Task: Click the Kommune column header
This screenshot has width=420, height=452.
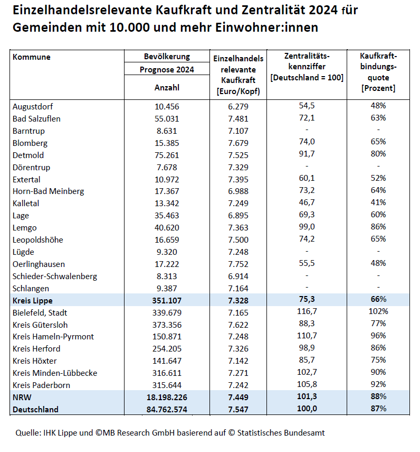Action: [31, 57]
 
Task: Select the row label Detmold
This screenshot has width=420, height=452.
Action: [28, 155]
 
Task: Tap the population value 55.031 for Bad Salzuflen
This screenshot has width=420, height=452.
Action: [167, 119]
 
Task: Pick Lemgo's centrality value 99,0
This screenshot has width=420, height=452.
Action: [307, 227]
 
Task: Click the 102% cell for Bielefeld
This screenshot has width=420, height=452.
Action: [378, 311]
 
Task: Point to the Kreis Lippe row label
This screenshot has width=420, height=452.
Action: [33, 301]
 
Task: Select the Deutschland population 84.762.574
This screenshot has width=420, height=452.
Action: [167, 409]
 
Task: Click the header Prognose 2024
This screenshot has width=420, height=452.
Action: [167, 69]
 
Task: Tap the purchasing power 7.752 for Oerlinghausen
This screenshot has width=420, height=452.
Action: [238, 264]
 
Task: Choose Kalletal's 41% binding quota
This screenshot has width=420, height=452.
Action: [378, 202]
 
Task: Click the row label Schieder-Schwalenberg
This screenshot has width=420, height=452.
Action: [55, 276]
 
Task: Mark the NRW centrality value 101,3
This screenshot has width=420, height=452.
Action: [307, 396]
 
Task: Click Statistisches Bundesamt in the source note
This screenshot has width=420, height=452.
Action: [281, 432]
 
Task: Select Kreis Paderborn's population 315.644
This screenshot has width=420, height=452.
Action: [167, 385]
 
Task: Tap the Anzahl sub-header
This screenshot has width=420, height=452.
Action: [167, 87]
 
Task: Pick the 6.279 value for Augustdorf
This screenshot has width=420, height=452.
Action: [238, 106]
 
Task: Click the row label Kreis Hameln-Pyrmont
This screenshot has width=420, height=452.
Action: [53, 337]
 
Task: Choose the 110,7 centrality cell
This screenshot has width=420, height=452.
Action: [307, 336]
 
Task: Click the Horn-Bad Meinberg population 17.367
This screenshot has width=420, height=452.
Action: [167, 191]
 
